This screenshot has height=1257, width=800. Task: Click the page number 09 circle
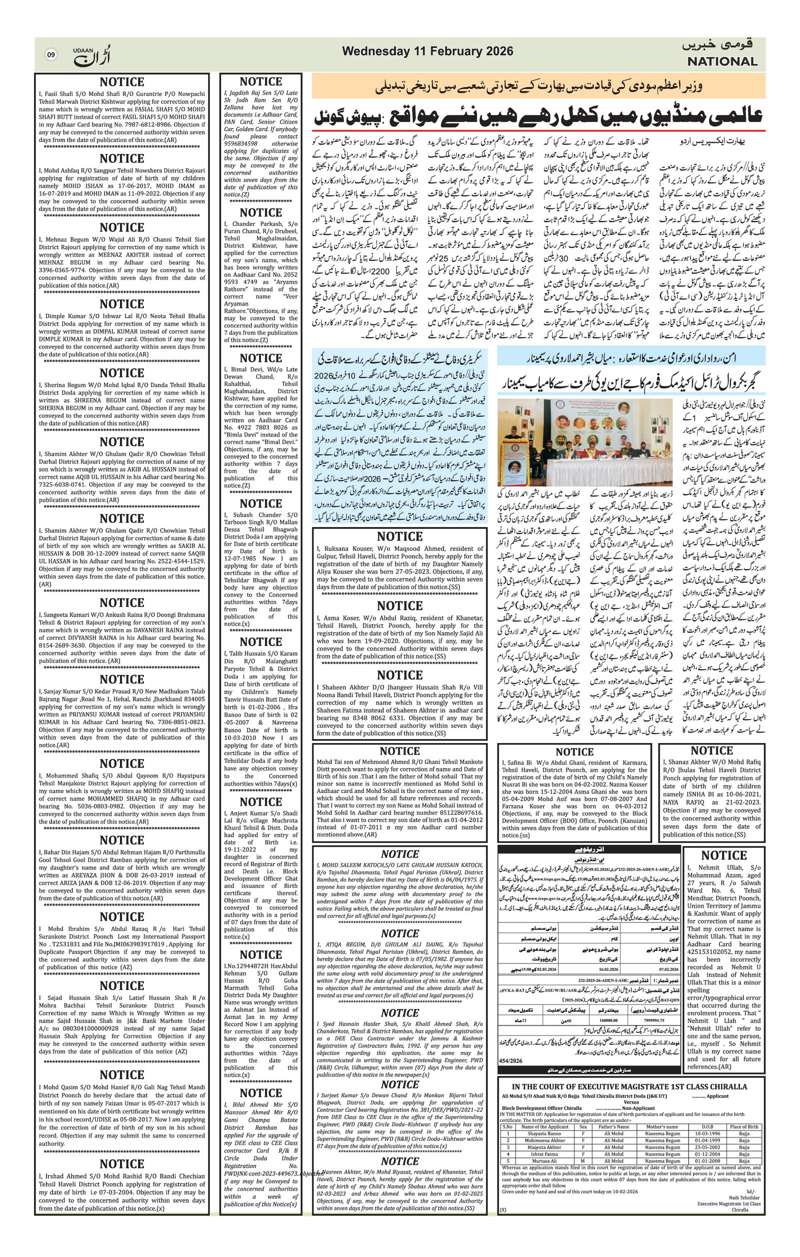coord(50,54)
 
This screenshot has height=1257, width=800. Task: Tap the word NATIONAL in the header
coord(721,61)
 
